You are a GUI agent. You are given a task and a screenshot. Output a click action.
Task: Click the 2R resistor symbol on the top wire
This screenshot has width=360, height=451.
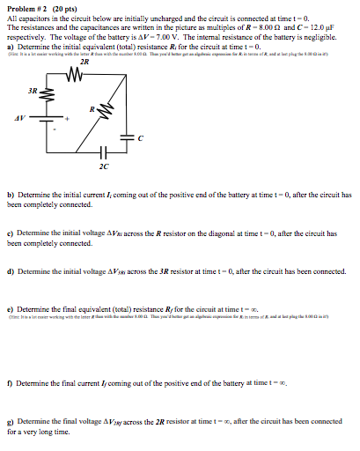tap(84, 74)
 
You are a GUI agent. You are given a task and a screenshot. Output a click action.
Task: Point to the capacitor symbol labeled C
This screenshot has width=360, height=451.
tap(125, 137)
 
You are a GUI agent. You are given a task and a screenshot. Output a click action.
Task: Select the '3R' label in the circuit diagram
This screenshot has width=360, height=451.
tap(32, 91)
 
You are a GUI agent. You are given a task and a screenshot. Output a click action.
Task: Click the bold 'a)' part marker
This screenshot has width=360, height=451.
tap(10, 46)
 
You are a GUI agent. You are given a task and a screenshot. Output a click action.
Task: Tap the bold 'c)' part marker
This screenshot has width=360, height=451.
tap(10, 233)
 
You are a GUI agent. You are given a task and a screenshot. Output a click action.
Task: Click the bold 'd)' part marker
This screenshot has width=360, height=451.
tap(10, 271)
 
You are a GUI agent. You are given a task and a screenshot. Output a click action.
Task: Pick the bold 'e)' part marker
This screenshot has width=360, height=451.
tap(10, 310)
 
